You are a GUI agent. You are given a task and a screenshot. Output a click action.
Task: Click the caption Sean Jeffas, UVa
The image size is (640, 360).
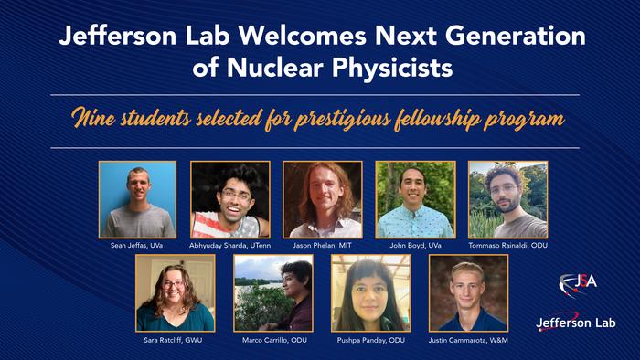tap(137, 246)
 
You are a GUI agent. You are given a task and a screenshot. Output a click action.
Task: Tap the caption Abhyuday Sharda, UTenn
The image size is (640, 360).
tap(229, 246)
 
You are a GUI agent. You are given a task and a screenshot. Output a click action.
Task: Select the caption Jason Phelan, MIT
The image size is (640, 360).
tap(322, 246)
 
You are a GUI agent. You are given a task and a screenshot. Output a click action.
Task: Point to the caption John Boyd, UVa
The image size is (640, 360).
tap(415, 246)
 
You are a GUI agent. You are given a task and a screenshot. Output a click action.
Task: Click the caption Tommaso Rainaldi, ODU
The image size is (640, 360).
tap(507, 246)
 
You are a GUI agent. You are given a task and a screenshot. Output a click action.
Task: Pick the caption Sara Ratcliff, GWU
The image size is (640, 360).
tap(175, 339)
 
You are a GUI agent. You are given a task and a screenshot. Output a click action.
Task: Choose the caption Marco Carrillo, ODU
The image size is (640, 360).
tap(272, 339)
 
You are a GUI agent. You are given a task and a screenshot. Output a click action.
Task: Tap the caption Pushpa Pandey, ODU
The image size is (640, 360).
tap(370, 339)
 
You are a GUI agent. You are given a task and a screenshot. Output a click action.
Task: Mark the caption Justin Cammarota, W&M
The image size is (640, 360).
tap(468, 339)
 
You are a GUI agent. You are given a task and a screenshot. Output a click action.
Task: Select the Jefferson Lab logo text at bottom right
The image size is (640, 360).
tap(576, 323)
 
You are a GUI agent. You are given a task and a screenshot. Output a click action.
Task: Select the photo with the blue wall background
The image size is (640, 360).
tap(137, 200)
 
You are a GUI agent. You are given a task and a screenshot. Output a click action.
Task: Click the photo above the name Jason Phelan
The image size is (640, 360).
tap(322, 200)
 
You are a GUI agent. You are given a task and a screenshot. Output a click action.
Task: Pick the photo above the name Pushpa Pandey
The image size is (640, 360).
tap(370, 292)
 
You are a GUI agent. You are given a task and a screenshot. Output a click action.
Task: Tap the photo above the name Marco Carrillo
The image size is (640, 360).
tap(272, 292)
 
